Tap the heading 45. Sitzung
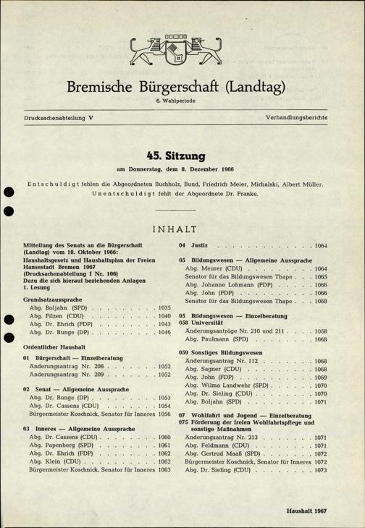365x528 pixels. [x=182, y=154]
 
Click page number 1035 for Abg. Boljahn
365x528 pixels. [x=164, y=307]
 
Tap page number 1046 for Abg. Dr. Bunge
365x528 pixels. [x=164, y=333]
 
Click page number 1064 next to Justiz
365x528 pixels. [x=320, y=246]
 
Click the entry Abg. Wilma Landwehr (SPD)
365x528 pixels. [x=231, y=386]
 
